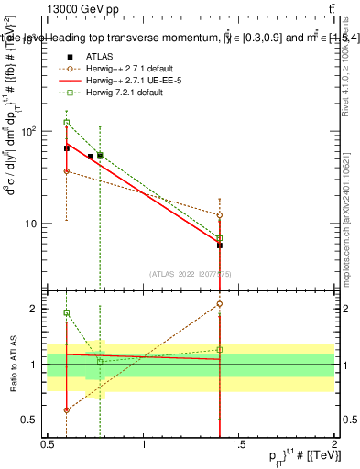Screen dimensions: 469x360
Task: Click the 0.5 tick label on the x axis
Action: (48, 444)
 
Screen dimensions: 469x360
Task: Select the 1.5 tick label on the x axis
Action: (239, 444)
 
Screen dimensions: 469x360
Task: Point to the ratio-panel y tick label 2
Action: (36, 309)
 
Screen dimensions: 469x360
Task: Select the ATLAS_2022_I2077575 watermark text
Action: (191, 273)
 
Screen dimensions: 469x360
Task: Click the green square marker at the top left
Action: (67, 122)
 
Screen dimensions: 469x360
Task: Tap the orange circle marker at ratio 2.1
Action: (220, 303)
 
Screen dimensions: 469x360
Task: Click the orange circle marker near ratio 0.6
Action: (67, 409)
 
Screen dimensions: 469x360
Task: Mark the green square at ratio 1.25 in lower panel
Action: (220, 349)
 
